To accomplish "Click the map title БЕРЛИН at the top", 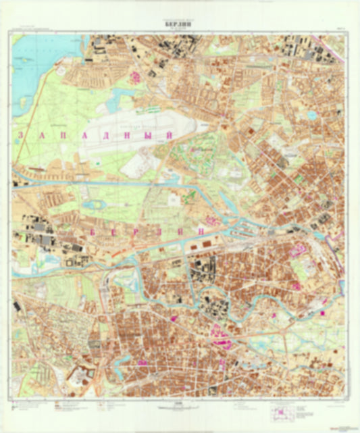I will tap(180, 20).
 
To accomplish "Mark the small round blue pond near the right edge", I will tap(312, 115).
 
